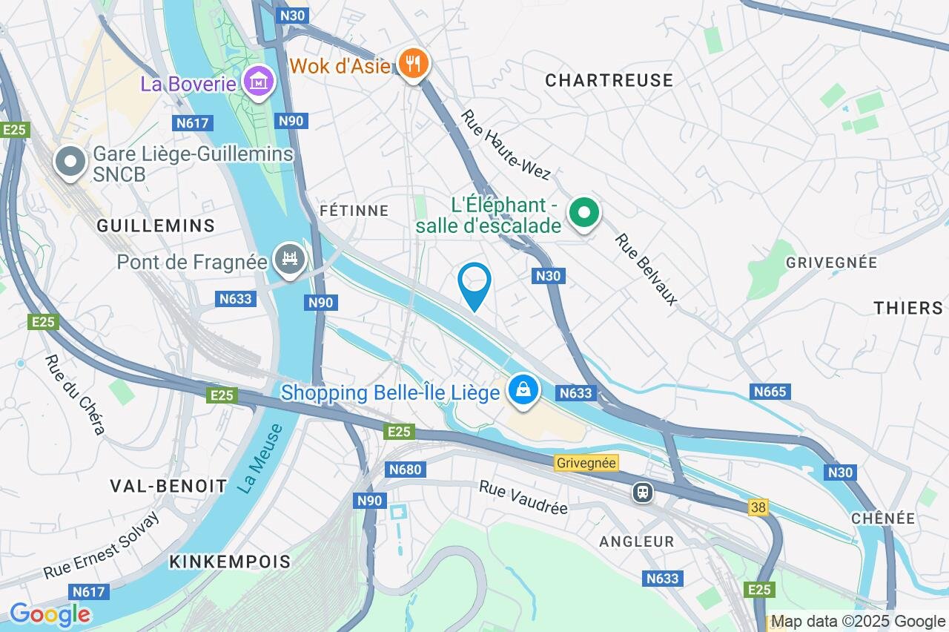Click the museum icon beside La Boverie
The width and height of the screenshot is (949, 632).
coord(257,82)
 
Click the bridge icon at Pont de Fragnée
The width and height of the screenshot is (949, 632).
coord(290,260)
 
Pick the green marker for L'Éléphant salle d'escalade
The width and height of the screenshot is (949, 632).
coord(584,214)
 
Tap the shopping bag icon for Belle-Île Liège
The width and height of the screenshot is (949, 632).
coord(523,390)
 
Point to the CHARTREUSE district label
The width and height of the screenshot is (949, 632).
coord(609,80)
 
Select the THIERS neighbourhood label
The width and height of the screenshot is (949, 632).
coord(908,308)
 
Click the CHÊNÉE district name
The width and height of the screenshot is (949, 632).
coord(883,518)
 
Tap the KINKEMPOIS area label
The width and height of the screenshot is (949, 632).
coord(230,561)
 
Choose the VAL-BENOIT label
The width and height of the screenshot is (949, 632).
coord(168,486)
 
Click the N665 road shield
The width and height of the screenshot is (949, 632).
coord(770,391)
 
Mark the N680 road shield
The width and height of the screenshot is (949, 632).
coord(405,469)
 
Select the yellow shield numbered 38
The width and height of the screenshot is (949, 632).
coord(758,507)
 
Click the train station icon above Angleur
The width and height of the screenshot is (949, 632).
coord(642,493)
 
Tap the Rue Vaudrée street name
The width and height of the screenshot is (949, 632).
coord(523,497)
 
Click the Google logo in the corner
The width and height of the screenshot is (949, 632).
coord(50,614)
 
